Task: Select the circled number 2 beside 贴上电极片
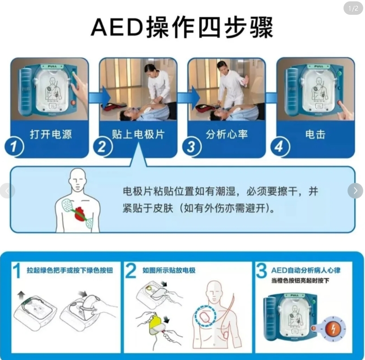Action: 102,146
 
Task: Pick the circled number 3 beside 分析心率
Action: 191,146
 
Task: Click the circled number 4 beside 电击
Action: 279,146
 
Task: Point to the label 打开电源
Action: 51,134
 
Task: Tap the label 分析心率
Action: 227,134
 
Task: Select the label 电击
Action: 315,134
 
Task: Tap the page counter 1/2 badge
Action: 353,9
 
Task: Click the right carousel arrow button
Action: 355,191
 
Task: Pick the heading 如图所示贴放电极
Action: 169,270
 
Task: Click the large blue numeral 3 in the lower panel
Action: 262,271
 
